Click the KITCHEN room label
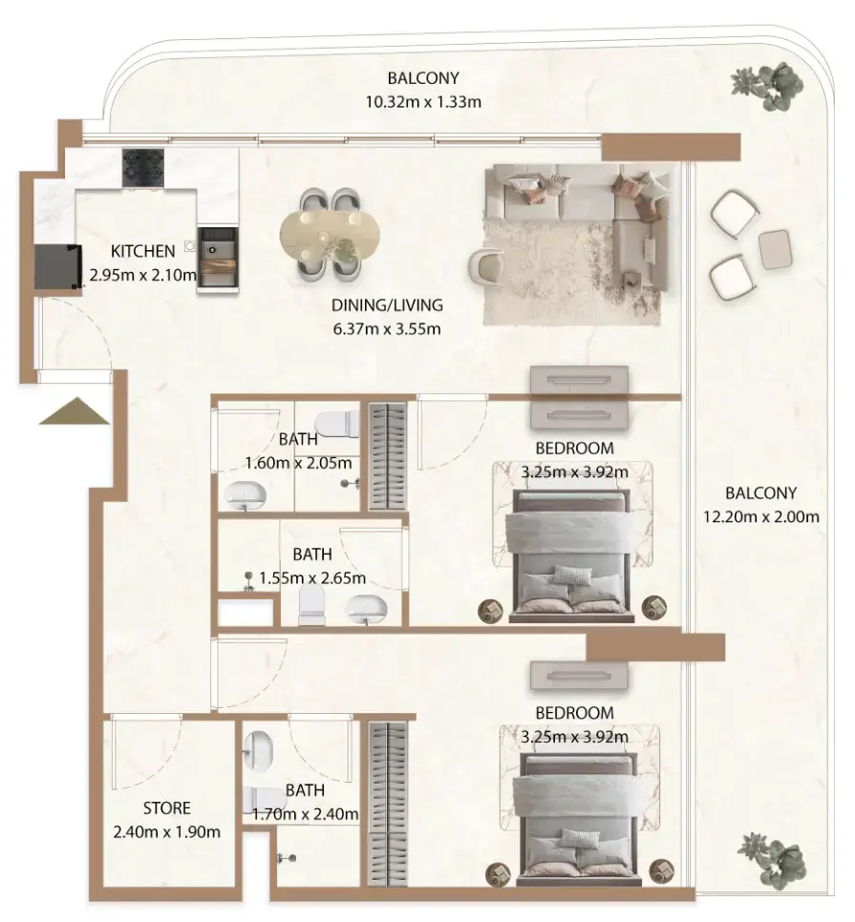pyautogui.click(x=143, y=252)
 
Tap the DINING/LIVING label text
pyautogui.click(x=387, y=306)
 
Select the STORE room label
pyautogui.click(x=167, y=809)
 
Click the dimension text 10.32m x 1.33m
pyautogui.click(x=422, y=101)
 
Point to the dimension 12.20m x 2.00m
pyautogui.click(x=772, y=517)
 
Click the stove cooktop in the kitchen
pyautogui.click(x=144, y=168)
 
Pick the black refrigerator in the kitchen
pyautogui.click(x=55, y=265)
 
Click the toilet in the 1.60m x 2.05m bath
pyautogui.click(x=335, y=421)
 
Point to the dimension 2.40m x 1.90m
pyautogui.click(x=167, y=831)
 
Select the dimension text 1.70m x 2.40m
pyautogui.click(x=306, y=814)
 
